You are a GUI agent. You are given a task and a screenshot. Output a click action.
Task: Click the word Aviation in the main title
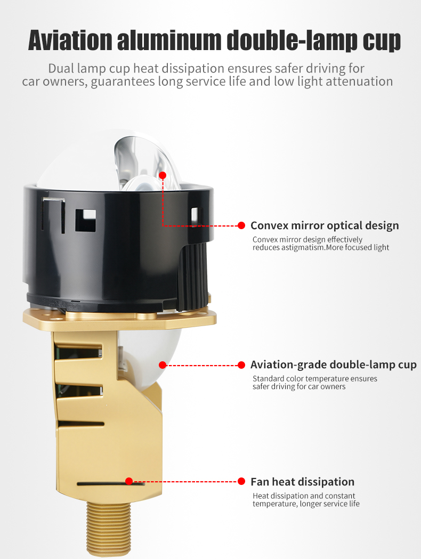pos(70,40)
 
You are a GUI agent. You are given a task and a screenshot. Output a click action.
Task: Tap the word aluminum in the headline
pos(169,40)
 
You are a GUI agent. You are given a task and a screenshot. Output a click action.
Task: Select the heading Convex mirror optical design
pos(325,225)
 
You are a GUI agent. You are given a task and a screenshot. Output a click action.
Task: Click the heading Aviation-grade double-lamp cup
pos(334,364)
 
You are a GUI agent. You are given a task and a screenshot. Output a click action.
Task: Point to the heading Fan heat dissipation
pos(303,482)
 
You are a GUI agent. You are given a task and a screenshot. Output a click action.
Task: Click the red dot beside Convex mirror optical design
pos(241,225)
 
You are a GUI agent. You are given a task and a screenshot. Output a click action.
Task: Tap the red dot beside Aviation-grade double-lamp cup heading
pos(241,364)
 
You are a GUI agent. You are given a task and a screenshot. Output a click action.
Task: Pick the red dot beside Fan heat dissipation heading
pos(241,481)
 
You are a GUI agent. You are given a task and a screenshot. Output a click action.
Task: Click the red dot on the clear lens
pos(163,175)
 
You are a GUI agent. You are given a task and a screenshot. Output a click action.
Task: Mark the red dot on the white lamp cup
pos(163,364)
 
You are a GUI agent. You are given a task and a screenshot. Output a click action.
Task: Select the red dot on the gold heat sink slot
pos(129,481)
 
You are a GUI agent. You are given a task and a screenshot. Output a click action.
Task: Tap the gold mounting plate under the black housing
pos(120,318)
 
